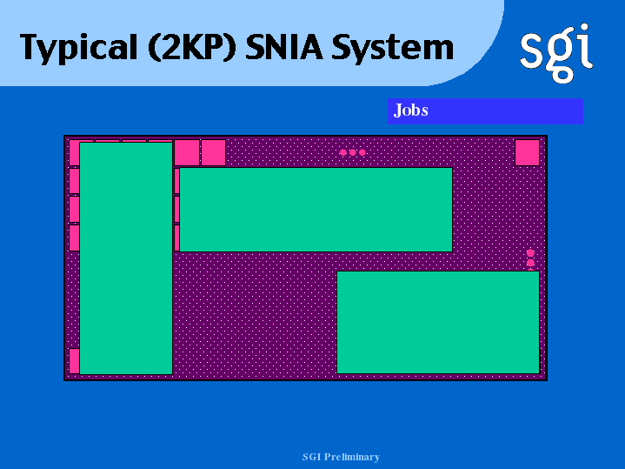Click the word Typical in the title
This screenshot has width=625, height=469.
(x=78, y=48)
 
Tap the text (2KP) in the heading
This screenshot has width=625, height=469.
(x=192, y=47)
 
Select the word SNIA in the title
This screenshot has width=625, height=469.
(x=283, y=47)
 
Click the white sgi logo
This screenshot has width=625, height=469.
(x=556, y=53)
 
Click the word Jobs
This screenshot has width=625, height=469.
(x=410, y=111)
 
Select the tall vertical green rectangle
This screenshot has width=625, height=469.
(x=126, y=258)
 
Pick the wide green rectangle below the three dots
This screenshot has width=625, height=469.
(x=316, y=210)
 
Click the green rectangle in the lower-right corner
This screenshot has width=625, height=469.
(x=438, y=322)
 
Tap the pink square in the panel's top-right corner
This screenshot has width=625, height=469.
(x=527, y=152)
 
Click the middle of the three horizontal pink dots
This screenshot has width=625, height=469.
(x=353, y=152)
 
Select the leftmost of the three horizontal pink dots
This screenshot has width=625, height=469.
(x=343, y=152)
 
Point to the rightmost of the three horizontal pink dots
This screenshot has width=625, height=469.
(x=362, y=152)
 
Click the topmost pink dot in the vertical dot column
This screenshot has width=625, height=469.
(x=530, y=253)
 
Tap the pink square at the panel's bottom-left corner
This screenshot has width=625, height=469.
(x=75, y=361)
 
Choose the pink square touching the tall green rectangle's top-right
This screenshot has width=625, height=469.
(x=187, y=152)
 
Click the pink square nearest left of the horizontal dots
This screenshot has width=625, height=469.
(x=213, y=152)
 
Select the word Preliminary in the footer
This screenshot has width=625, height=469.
(x=351, y=457)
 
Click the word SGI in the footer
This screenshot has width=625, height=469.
(x=311, y=457)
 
